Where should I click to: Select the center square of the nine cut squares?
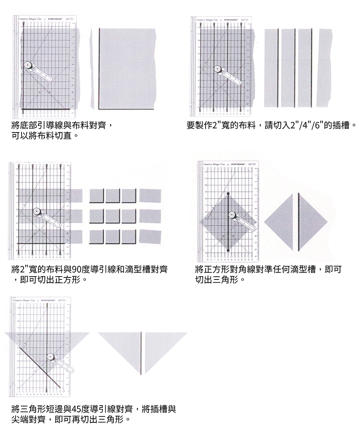[112, 216]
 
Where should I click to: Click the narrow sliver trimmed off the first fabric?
[91, 68]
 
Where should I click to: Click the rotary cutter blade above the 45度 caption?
[50, 356]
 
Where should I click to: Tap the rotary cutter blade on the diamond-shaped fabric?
[232, 215]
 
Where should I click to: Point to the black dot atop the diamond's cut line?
[228, 194]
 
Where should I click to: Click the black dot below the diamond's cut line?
[228, 250]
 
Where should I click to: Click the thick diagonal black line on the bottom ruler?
[40, 368]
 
